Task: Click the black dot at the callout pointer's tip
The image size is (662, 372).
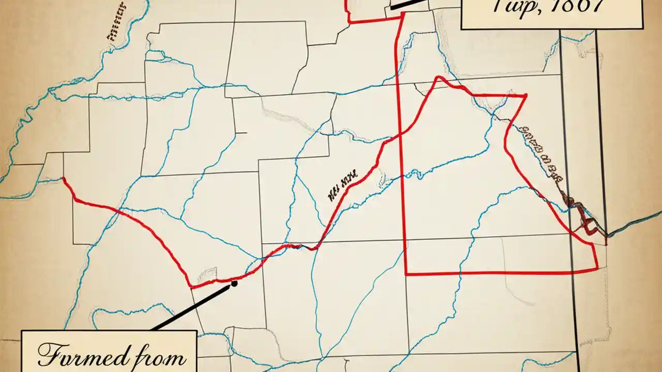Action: (234, 283)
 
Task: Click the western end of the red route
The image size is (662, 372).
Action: (64, 179)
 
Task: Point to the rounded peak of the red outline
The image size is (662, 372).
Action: (439, 78)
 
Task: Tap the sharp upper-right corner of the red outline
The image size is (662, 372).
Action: (525, 96)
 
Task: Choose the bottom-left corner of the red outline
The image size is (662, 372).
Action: (407, 273)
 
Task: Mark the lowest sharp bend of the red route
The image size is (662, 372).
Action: (192, 286)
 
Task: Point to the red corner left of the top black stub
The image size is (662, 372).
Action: (350, 21)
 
